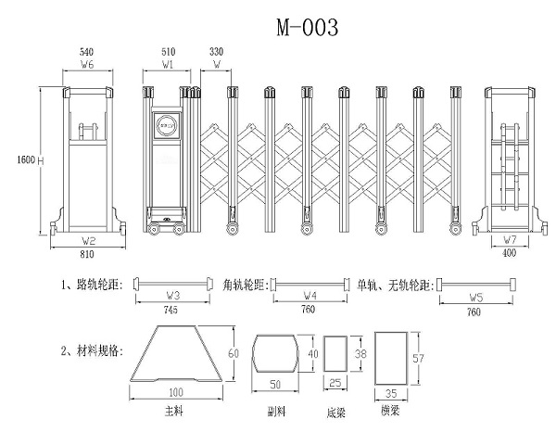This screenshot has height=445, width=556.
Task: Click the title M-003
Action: [x=307, y=28]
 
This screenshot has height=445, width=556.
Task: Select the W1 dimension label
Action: [x=168, y=66]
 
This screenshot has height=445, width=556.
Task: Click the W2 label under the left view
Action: [x=89, y=241]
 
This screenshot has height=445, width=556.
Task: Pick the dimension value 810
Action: [x=89, y=253]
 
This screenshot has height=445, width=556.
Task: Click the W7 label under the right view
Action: [x=509, y=241]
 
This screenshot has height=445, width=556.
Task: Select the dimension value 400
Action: [x=509, y=253]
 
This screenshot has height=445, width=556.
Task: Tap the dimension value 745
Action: [x=171, y=309]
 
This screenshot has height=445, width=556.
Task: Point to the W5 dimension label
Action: [x=475, y=297]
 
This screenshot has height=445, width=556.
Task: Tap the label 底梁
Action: [x=337, y=411]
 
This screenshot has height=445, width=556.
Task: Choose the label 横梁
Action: [x=390, y=409]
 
